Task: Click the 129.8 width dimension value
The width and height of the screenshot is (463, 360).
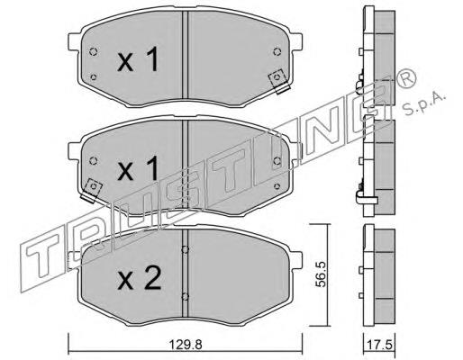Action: (x=185, y=345)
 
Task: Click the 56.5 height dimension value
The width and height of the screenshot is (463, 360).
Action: (x=322, y=274)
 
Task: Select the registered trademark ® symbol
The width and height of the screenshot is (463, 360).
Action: (x=406, y=77)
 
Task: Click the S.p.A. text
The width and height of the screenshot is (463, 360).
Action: (x=424, y=103)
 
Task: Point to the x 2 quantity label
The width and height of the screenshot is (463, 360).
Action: (x=139, y=278)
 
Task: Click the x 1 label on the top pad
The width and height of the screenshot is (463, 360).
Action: (x=138, y=60)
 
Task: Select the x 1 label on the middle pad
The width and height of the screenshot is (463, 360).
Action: (x=138, y=168)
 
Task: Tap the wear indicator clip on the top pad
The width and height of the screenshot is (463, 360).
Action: (x=279, y=82)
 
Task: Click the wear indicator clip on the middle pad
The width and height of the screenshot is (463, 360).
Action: (x=92, y=191)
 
